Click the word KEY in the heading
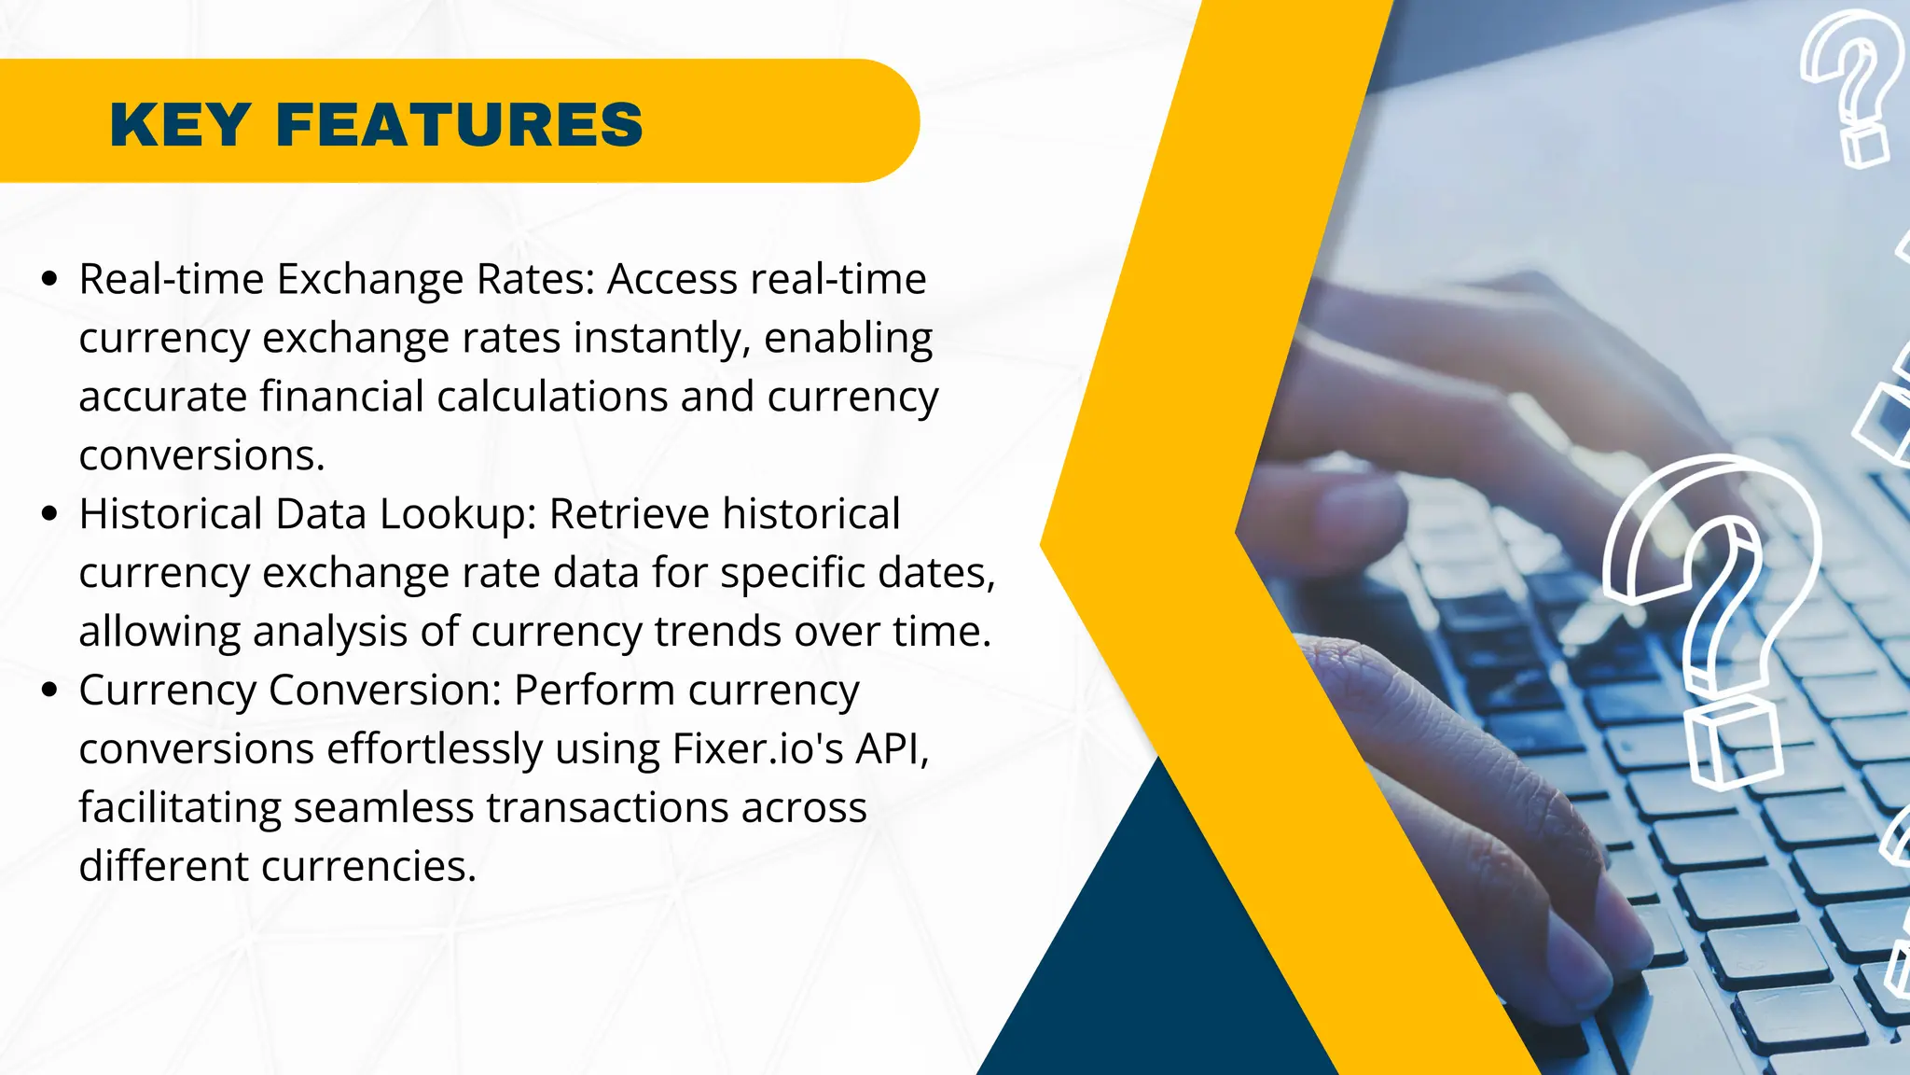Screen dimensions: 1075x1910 [x=180, y=125]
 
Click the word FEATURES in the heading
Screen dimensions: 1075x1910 [x=459, y=125]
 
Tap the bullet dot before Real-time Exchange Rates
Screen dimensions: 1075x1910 [x=50, y=278]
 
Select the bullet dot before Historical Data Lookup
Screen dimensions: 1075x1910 [x=50, y=513]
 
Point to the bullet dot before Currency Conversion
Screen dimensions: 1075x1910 [x=50, y=690]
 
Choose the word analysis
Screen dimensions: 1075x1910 [x=330, y=632]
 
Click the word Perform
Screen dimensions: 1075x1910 [x=594, y=691]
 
